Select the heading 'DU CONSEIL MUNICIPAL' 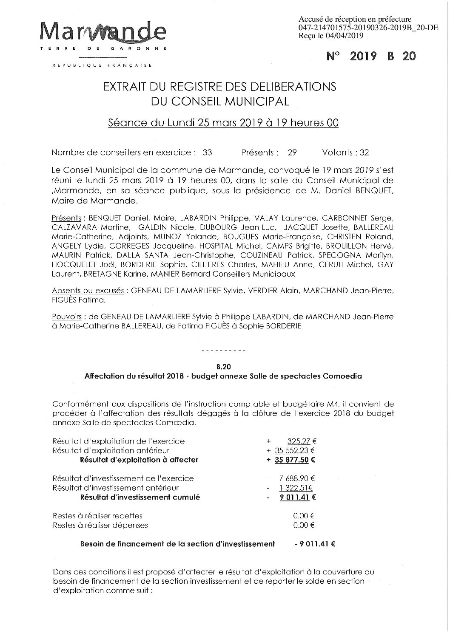(219, 101)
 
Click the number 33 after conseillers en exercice (207, 153)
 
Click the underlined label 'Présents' (66, 218)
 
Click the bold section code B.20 (223, 365)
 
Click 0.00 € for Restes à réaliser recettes (304, 516)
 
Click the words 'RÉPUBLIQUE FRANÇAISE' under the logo (102, 65)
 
